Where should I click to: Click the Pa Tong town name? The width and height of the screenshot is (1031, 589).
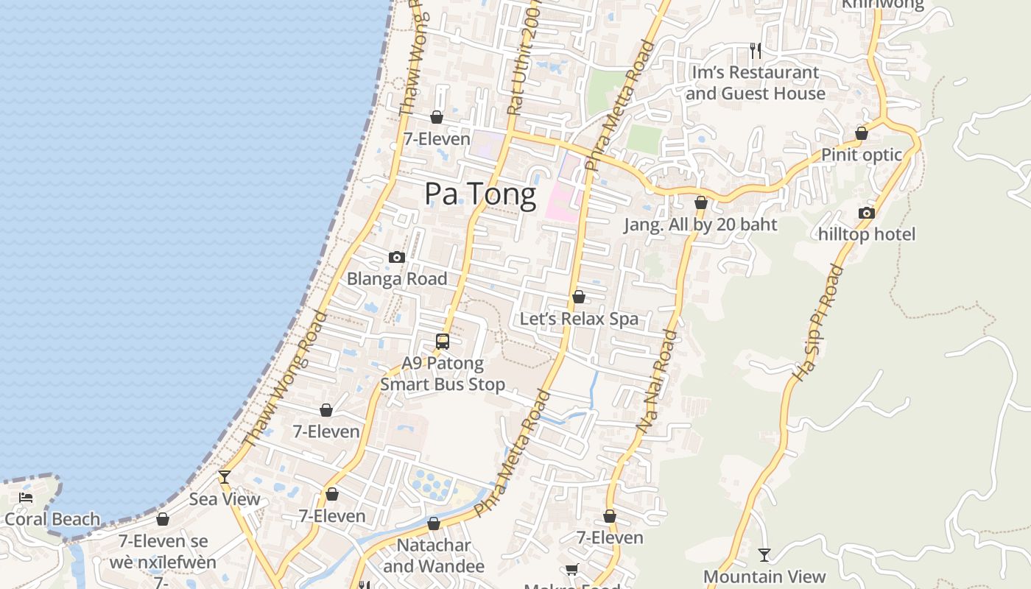click(480, 194)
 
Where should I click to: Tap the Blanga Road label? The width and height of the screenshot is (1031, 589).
click(397, 278)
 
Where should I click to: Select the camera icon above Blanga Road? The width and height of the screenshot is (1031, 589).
click(397, 257)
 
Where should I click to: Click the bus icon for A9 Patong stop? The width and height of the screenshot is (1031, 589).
click(442, 341)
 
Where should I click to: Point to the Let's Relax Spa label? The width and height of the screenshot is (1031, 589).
click(579, 319)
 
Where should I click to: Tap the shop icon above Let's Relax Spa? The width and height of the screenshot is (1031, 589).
click(579, 297)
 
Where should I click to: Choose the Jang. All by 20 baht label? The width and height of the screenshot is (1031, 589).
click(700, 225)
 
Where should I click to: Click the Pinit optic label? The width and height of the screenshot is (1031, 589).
click(862, 155)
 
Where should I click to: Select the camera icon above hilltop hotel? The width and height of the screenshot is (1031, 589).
click(867, 213)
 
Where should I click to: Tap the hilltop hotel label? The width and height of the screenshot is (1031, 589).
click(867, 234)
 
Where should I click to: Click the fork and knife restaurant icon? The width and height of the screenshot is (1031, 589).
click(755, 50)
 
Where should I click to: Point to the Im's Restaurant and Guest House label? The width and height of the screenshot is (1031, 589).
click(755, 82)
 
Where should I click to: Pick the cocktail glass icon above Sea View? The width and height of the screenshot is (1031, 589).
click(225, 477)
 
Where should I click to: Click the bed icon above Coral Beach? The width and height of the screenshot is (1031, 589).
click(26, 498)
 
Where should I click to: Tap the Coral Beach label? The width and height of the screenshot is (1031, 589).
click(52, 519)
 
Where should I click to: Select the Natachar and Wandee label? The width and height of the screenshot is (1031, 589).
click(434, 556)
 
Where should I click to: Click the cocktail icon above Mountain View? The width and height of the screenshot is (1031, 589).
click(764, 554)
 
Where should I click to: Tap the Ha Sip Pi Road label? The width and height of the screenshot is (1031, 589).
click(817, 322)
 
